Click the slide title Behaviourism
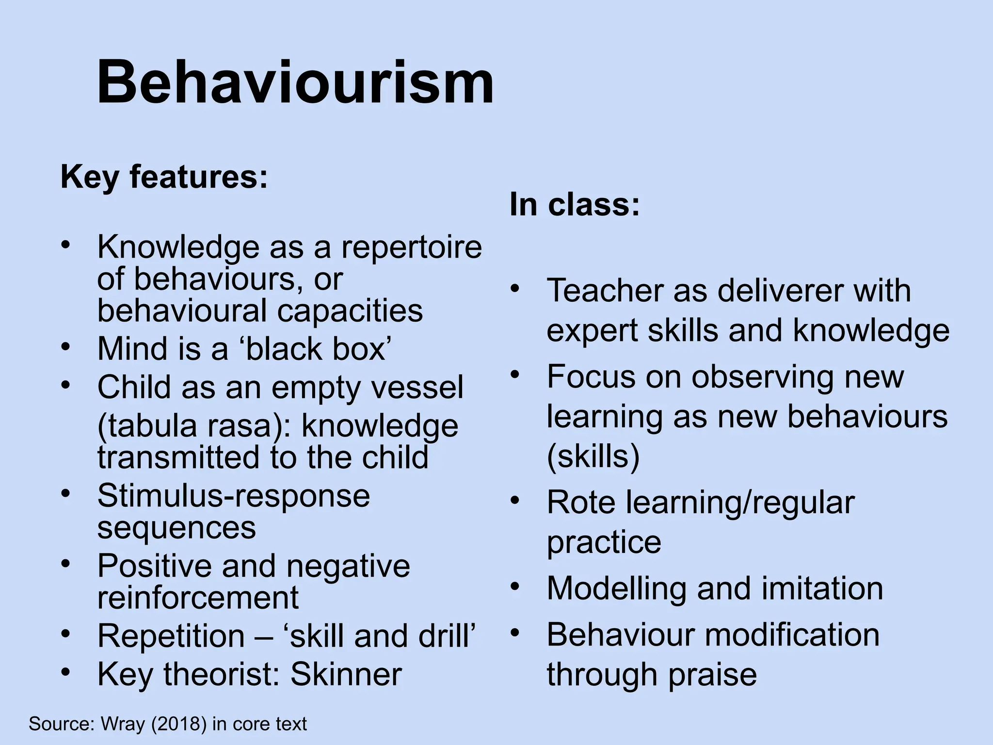click(x=295, y=82)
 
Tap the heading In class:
click(x=575, y=204)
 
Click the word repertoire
click(x=412, y=247)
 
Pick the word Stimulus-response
click(x=234, y=496)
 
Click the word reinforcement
click(x=198, y=597)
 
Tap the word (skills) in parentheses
click(x=593, y=456)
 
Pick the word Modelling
click(x=616, y=588)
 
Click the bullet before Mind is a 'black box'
click(x=65, y=346)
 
